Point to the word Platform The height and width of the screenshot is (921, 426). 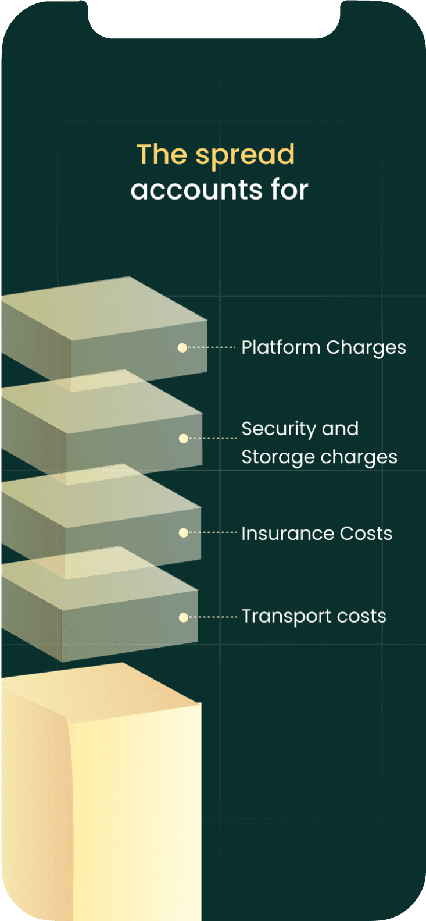[281, 347]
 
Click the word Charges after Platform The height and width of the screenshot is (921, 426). [366, 348]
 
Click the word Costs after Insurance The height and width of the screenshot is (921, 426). [366, 534]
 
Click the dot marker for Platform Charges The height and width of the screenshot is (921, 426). [182, 348]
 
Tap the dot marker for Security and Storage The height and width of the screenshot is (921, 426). [184, 439]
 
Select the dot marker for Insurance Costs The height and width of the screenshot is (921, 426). [184, 533]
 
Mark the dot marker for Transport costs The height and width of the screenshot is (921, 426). [184, 617]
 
